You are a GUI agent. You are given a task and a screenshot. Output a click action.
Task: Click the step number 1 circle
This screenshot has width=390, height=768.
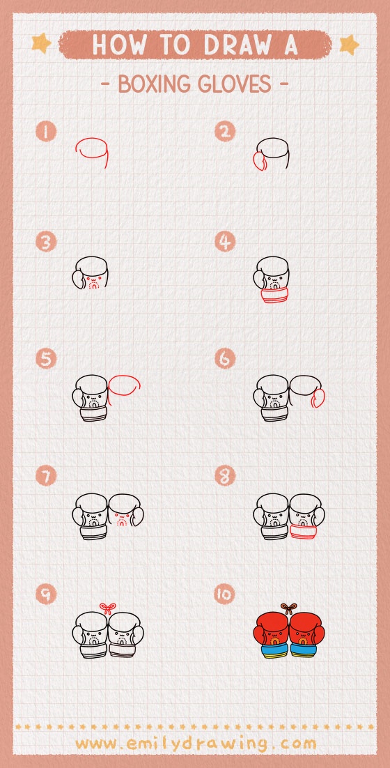click(47, 132)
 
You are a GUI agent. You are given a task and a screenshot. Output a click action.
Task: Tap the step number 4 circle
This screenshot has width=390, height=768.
click(225, 242)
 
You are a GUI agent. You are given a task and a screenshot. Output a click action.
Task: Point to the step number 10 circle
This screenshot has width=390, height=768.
click(225, 594)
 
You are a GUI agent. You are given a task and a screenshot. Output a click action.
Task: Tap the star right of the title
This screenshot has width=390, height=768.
click(348, 45)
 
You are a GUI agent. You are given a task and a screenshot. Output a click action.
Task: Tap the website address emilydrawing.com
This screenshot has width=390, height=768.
click(195, 743)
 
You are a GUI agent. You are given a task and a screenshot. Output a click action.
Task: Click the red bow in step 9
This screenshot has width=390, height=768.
click(107, 608)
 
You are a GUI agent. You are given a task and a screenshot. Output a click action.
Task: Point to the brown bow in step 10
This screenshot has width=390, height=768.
click(289, 608)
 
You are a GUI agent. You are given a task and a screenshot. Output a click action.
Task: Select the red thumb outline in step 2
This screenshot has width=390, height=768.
click(258, 162)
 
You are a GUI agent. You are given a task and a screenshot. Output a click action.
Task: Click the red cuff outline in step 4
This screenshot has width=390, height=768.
click(272, 298)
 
